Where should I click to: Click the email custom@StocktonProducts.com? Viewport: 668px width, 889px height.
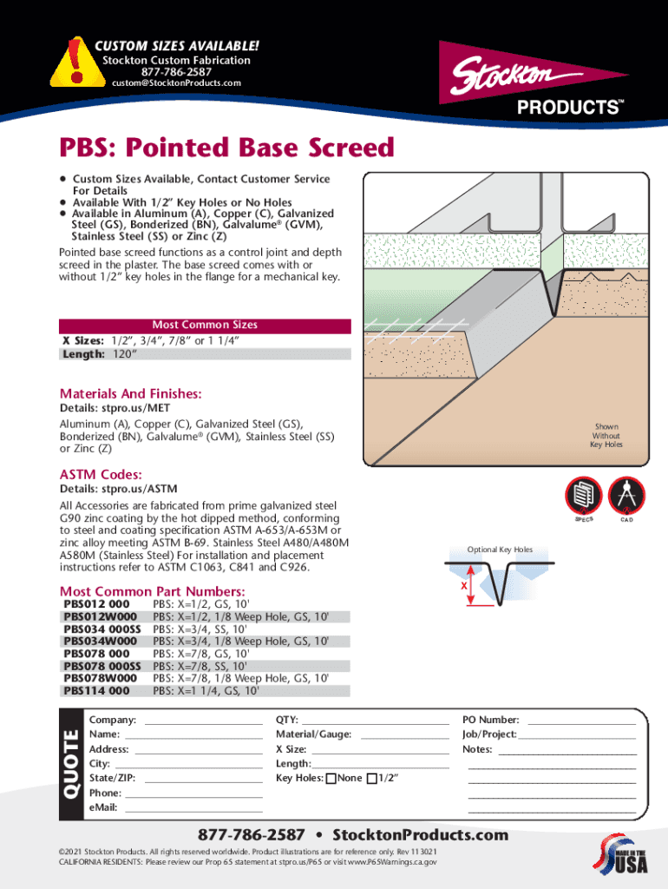click(176, 83)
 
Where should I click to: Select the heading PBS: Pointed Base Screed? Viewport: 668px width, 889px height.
click(226, 148)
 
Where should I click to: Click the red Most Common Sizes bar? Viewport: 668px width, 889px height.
click(205, 326)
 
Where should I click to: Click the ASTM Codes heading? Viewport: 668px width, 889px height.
click(101, 474)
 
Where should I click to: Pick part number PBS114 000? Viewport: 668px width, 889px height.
click(96, 691)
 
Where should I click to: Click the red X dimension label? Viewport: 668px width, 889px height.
click(464, 585)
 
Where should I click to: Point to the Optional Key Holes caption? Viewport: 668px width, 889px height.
click(500, 550)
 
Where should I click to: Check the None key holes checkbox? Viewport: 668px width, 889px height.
click(331, 778)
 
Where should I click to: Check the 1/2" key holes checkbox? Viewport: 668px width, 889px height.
click(372, 778)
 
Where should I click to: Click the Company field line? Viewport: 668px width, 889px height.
click(203, 721)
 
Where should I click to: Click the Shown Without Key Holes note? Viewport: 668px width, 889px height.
click(606, 436)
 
